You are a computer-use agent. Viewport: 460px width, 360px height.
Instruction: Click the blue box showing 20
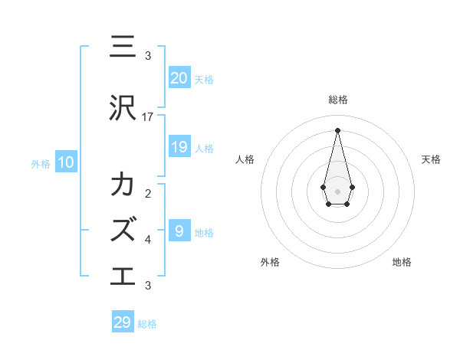point(179,78)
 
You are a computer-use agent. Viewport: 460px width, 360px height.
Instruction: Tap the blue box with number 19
point(179,147)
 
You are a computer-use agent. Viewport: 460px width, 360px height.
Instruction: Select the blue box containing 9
point(179,231)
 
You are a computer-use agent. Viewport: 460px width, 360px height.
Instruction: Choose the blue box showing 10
point(65,162)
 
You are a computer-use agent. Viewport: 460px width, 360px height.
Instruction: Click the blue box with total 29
point(123,322)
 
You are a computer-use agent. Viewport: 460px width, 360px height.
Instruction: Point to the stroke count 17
point(148,116)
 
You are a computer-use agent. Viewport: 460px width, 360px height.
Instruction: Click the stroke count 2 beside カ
point(148,194)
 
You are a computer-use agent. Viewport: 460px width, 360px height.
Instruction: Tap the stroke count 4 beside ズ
point(148,240)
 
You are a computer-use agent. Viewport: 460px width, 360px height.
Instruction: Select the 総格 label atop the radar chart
point(338,100)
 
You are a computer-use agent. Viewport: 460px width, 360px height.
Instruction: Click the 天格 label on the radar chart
point(432,159)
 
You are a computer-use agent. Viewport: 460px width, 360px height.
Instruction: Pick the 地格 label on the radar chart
point(402,262)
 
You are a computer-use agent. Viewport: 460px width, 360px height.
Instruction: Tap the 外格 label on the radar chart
point(270,262)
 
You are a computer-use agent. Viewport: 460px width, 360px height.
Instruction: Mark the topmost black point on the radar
point(338,129)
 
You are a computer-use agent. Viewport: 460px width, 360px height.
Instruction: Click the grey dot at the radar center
point(338,191)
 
